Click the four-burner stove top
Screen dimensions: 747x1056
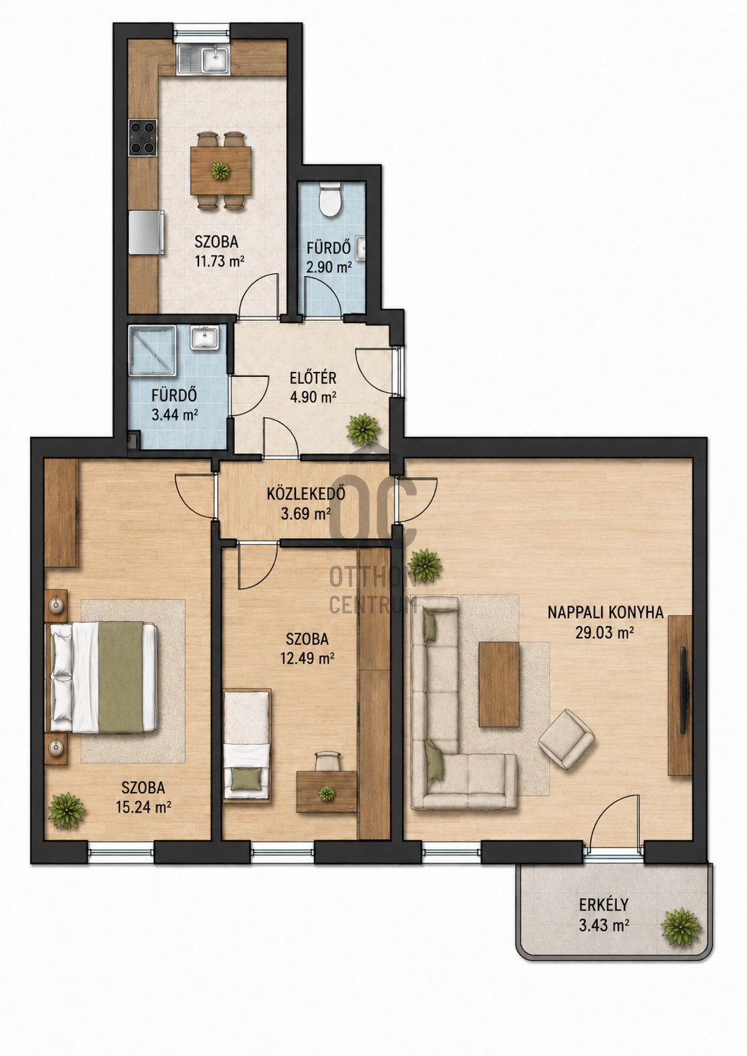coord(142,137)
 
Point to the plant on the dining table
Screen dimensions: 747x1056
coord(219,170)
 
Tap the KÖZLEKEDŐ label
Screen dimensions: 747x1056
coord(306,494)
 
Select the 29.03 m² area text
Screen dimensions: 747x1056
coord(604,632)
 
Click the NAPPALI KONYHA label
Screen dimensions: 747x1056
coord(605,613)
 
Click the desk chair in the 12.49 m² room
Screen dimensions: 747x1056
coord(326,761)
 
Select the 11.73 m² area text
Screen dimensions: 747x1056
coord(219,261)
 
